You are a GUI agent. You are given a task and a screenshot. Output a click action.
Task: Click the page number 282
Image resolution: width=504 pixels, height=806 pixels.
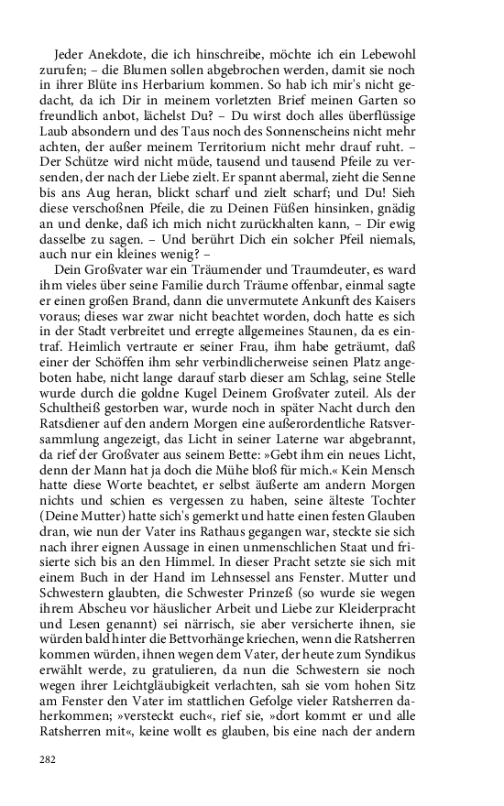46,758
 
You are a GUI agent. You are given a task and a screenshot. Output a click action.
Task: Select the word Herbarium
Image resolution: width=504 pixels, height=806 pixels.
206,85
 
